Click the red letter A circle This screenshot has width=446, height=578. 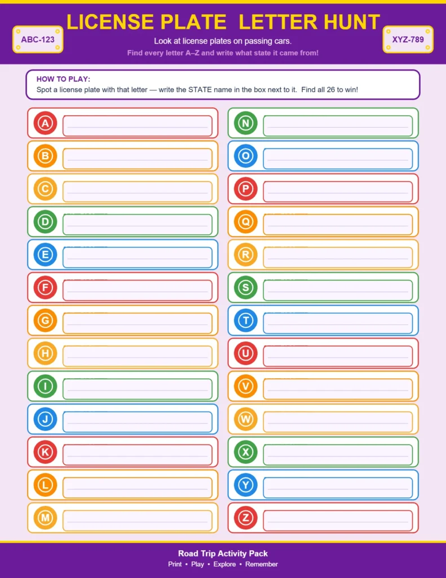45,123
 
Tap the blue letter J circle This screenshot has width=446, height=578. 45,419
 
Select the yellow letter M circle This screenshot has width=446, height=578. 45,518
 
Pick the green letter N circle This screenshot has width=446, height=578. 245,123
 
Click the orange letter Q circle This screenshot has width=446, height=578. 245,222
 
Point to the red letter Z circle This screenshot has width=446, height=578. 245,518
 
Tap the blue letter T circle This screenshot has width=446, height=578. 245,321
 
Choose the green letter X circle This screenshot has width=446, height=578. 245,452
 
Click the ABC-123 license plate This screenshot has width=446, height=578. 38,40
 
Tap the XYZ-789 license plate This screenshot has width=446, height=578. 408,40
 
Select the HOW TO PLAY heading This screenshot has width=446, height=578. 63,79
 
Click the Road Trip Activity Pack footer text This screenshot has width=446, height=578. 223,553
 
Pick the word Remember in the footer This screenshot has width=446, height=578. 261,564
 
